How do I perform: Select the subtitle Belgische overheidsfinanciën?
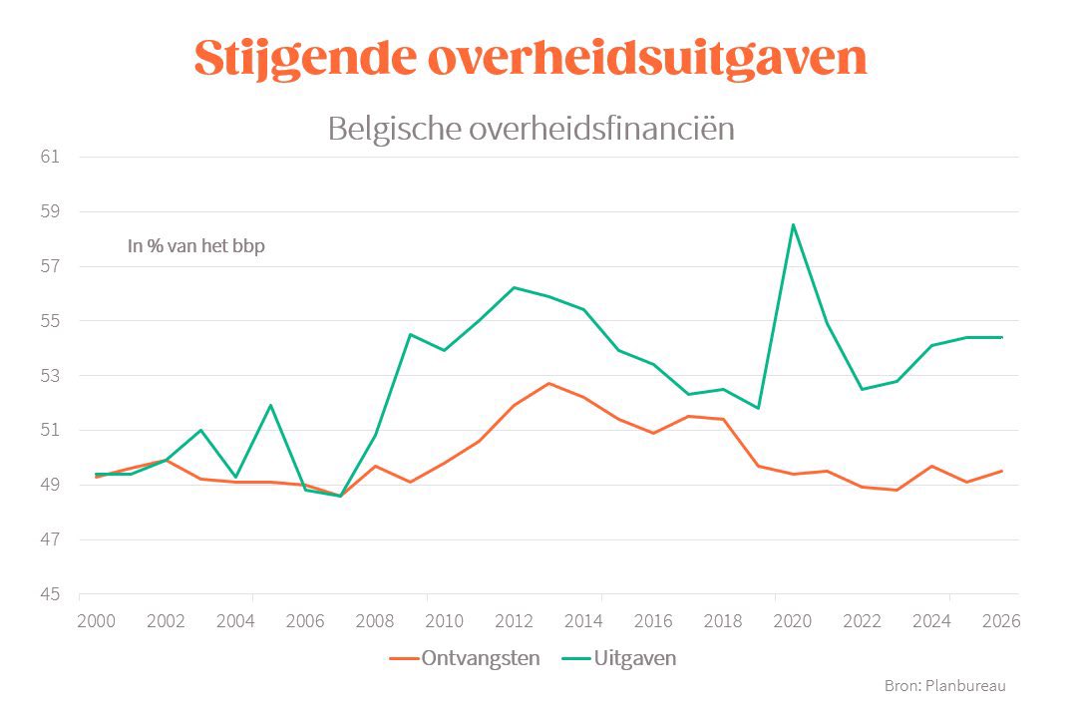(x=531, y=129)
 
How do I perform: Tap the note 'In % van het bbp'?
(x=196, y=245)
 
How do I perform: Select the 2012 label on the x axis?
(x=514, y=620)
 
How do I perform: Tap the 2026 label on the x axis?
(x=1001, y=620)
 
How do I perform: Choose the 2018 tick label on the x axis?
(x=723, y=620)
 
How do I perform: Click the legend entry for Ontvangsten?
(x=465, y=658)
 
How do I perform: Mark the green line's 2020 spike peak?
(x=793, y=224)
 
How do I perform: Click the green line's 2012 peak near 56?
(x=514, y=287)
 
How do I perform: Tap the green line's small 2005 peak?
(x=270, y=405)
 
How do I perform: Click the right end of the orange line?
(x=1001, y=471)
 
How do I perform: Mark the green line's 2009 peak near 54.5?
(x=410, y=334)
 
